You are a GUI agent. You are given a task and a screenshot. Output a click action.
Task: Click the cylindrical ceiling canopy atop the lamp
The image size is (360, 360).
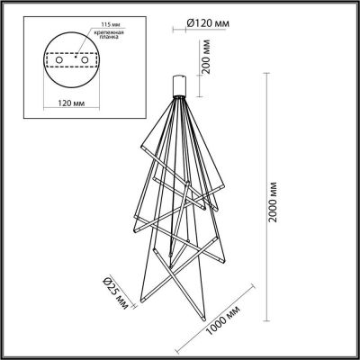[180, 85]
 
